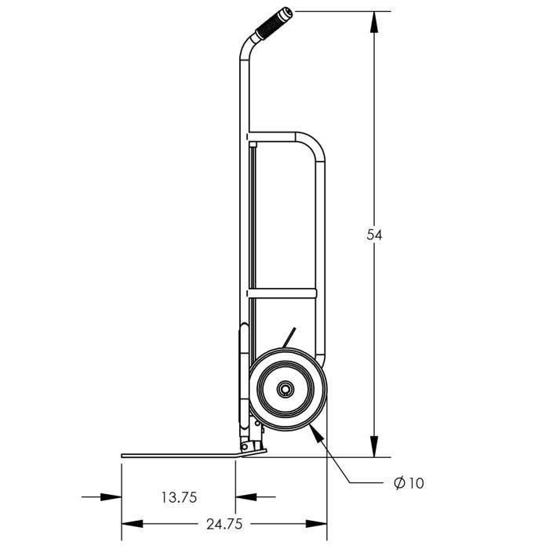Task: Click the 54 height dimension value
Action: [x=374, y=235]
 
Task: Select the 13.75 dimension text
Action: [x=180, y=497]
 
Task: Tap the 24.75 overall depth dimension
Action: [x=224, y=524]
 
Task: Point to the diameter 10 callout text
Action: [x=409, y=483]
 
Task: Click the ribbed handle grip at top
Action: [x=274, y=23]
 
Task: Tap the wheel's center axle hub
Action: [x=285, y=389]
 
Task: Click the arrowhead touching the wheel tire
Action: [x=315, y=433]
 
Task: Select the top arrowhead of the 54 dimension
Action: [x=374, y=22]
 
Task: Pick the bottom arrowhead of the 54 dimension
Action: [x=374, y=446]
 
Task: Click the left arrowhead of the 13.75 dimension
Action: [x=111, y=496]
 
